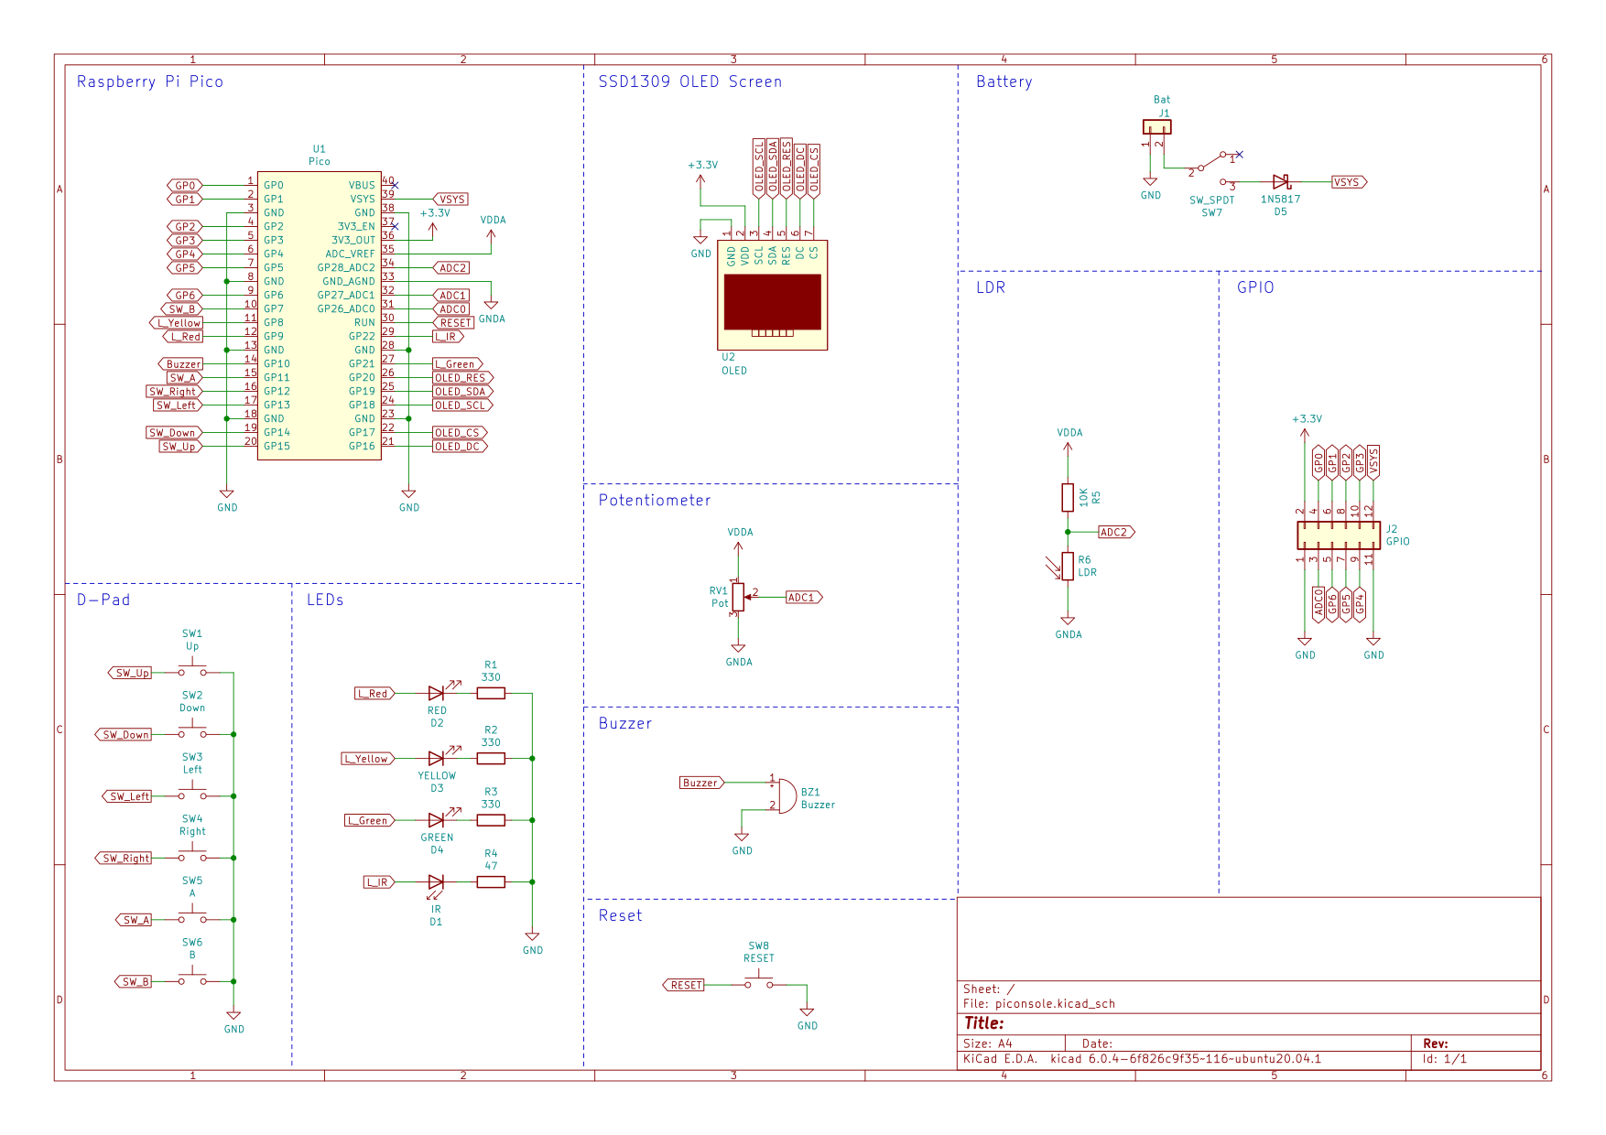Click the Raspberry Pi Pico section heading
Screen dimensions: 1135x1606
pos(149,81)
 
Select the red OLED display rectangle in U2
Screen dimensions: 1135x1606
pos(772,302)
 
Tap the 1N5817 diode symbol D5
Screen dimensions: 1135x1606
pos(1281,182)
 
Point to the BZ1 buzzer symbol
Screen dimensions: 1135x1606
pos(785,795)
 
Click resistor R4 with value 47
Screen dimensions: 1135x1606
pos(491,881)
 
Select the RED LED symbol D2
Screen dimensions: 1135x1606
pos(437,693)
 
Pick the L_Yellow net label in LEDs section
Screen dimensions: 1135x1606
pos(368,759)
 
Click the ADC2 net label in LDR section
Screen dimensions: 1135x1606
pos(1115,532)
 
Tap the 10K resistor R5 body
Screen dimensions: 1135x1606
pos(1068,497)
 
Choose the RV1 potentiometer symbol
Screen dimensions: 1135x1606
pos(738,597)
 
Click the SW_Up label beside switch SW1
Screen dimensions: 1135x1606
pos(131,673)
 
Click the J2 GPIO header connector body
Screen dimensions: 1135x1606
pos(1338,535)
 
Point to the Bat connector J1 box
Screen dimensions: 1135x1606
pos(1156,127)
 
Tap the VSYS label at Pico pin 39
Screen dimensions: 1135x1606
pos(450,199)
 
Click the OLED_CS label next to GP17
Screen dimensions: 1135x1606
pos(458,432)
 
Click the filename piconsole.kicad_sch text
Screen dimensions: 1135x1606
pos(1055,1003)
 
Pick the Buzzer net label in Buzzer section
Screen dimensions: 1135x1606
pos(700,783)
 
